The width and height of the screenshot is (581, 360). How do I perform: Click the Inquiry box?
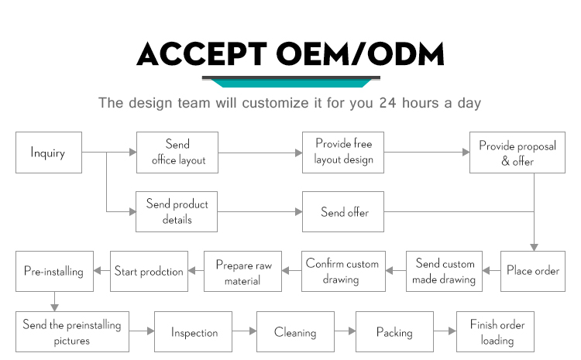[49, 153]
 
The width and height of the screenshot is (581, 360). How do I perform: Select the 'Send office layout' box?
[177, 153]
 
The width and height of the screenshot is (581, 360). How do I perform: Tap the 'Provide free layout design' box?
[342, 153]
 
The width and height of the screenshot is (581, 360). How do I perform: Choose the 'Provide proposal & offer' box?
[517, 153]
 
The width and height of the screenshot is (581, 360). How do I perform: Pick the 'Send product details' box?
[177, 211]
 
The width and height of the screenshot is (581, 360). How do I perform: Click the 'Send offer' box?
[342, 211]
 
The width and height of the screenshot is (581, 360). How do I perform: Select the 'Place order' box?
[533, 271]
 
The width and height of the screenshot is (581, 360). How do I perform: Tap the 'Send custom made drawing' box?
[444, 271]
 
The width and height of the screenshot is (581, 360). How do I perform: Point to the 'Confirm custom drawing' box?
[343, 271]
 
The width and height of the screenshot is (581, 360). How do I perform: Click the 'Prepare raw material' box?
[242, 271]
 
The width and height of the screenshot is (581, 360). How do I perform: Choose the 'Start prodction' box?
[149, 271]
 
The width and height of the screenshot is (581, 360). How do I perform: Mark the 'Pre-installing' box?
[54, 271]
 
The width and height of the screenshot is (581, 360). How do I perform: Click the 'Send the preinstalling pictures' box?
[72, 331]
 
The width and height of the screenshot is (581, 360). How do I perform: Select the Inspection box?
[193, 331]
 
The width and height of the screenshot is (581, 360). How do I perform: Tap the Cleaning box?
[295, 331]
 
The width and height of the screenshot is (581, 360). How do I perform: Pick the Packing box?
[394, 331]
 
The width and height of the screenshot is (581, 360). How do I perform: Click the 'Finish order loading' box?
[496, 331]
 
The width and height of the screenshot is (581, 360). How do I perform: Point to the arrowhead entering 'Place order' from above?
[534, 248]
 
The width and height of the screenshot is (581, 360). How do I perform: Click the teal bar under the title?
[290, 84]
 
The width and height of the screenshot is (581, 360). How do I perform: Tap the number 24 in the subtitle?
[387, 103]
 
